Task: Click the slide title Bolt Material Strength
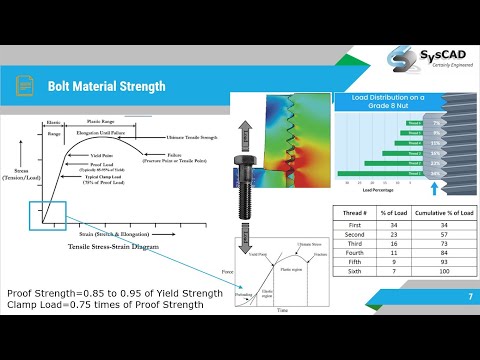(106, 86)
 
